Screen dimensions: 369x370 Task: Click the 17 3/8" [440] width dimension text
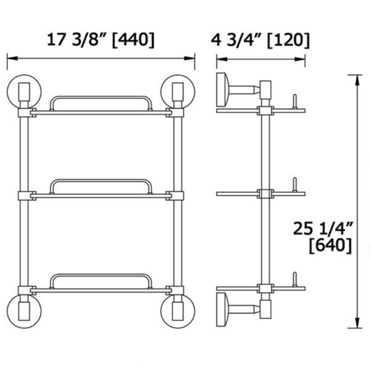click(101, 39)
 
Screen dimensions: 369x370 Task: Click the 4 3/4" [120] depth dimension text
click(261, 39)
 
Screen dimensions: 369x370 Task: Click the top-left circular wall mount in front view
click(24, 92)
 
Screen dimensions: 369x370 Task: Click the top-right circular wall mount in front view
click(178, 92)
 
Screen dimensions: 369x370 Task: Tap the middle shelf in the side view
click(260, 193)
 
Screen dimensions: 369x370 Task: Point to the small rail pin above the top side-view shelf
click(295, 101)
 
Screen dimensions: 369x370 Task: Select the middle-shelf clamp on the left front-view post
click(24, 195)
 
